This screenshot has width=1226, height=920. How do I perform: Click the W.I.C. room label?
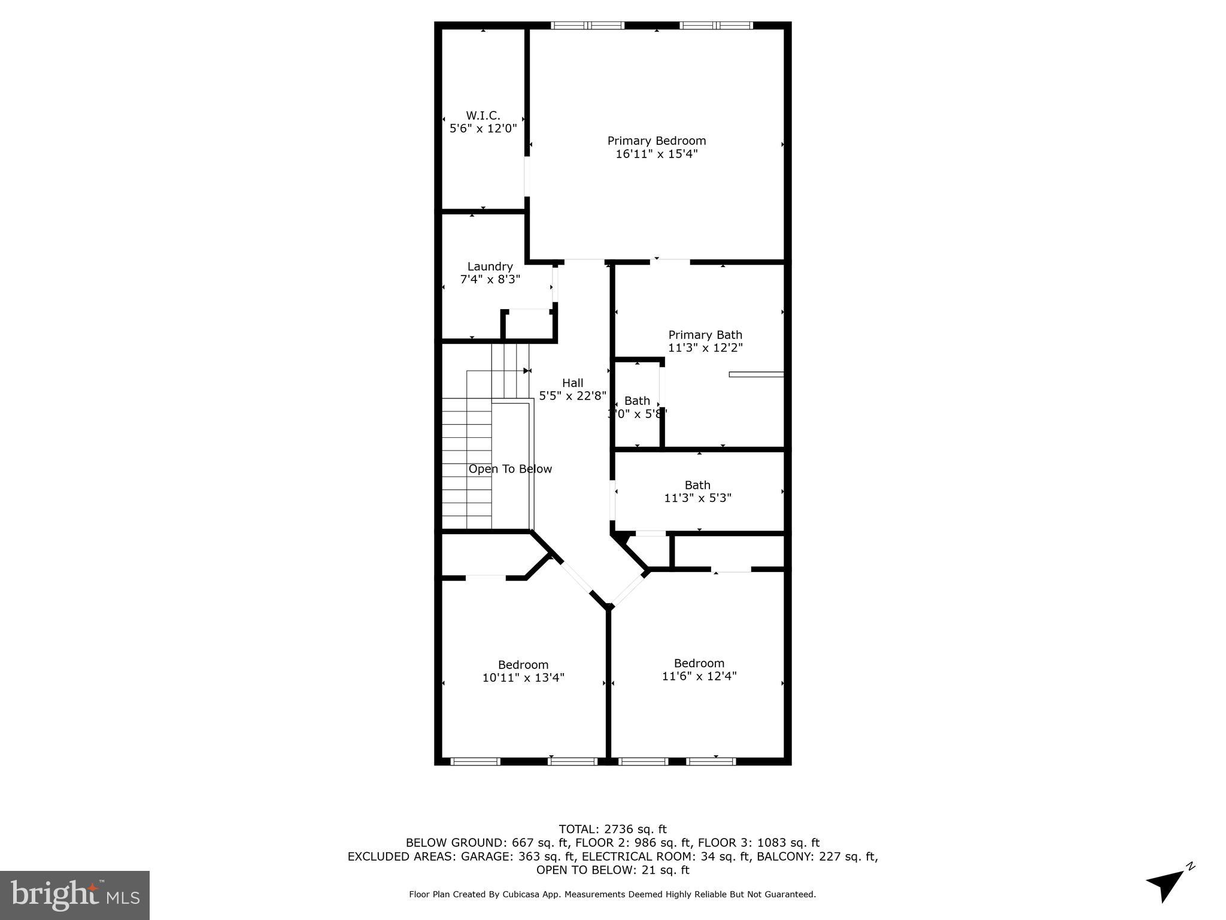482,115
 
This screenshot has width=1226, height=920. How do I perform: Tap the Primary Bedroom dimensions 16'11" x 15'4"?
657,154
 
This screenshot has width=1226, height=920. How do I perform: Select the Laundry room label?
490,267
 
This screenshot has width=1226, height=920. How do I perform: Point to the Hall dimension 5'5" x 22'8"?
572,396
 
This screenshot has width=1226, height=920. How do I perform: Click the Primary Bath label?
705,335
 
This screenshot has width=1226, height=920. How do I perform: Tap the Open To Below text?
510,469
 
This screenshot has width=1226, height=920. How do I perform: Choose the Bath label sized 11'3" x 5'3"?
697,485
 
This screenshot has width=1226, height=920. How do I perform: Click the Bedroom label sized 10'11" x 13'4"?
523,665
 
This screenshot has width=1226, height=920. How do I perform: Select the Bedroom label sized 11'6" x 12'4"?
699,663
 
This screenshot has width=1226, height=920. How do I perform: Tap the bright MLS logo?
75,895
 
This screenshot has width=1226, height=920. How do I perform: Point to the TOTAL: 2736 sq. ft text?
612,830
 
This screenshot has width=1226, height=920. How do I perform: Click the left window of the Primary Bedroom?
587,25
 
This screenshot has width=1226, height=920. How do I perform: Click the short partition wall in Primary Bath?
756,374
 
